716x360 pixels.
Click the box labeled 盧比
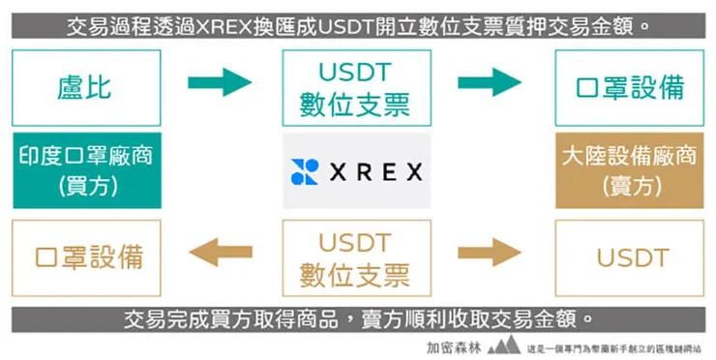[x=85, y=88]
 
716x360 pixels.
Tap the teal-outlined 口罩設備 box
[x=629, y=88]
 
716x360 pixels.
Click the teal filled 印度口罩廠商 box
[x=85, y=170]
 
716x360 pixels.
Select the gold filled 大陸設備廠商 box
[x=629, y=170]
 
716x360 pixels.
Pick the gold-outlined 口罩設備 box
[x=85, y=257]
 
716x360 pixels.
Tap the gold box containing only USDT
[x=629, y=257]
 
